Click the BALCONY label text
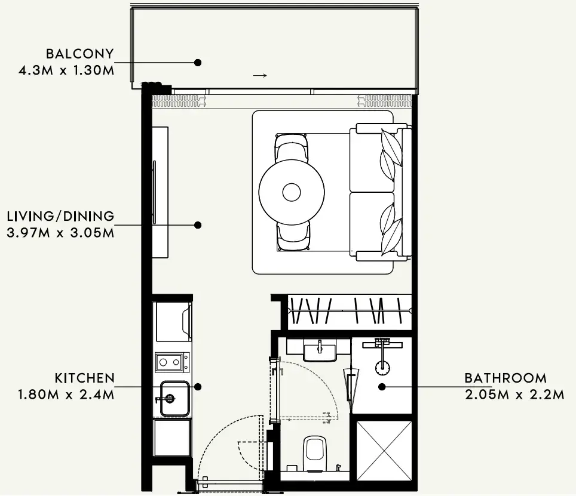pos(79,54)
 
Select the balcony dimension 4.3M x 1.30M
pos(66,70)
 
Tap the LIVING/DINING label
pos(60,216)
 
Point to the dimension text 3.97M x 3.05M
pos(60,233)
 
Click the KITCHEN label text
pos(84,378)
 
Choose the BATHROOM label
pos(505,378)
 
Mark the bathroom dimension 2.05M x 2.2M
pos(514,395)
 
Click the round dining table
pos(292,192)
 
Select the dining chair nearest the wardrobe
pos(293,236)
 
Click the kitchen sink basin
pos(175,399)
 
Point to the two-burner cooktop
pos(172,362)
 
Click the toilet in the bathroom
pos(315,454)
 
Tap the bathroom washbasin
pos(320,350)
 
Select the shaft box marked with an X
pos(384,451)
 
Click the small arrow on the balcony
pos(260,76)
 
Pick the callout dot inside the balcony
pos(198,62)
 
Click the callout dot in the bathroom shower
pos(382,387)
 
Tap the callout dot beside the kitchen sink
pos(198,387)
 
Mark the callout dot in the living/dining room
pos(198,225)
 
